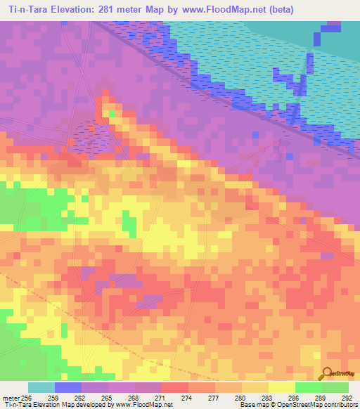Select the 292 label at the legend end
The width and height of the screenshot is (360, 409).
point(348,398)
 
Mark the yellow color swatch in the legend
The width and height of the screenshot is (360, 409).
point(281,387)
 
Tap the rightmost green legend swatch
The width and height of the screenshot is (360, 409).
point(335,387)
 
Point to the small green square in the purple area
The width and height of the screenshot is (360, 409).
point(112,112)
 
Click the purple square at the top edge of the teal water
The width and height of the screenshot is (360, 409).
point(333,27)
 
